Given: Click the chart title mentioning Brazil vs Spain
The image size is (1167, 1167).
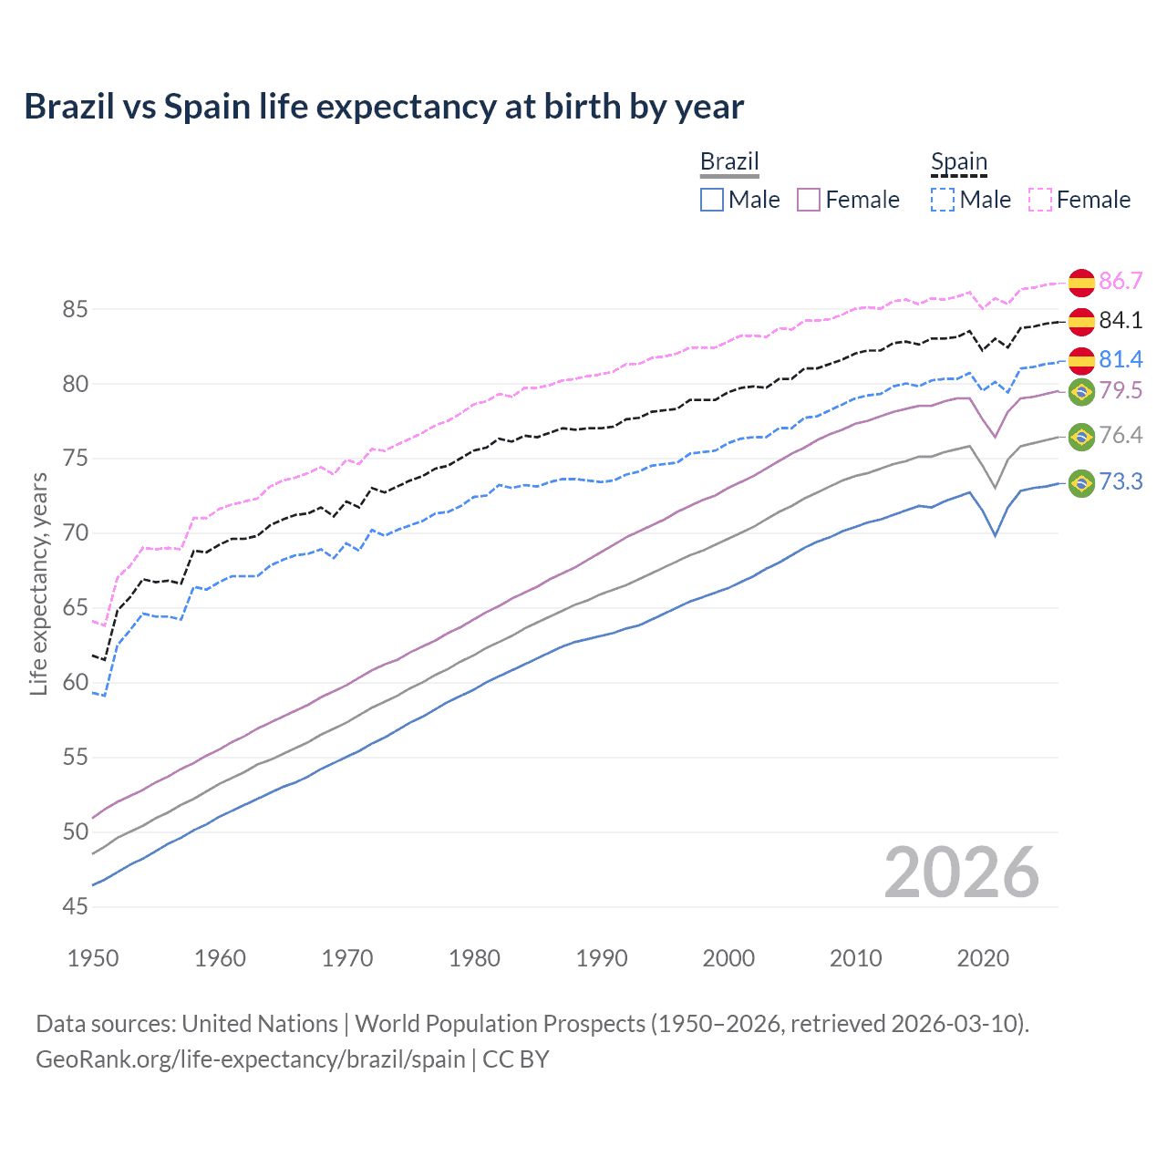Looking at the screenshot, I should tap(384, 107).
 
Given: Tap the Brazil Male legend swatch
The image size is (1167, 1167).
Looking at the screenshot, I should tap(712, 200).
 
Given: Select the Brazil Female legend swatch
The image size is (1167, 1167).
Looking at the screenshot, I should tap(809, 200).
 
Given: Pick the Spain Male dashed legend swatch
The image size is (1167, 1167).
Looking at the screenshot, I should tap(943, 200).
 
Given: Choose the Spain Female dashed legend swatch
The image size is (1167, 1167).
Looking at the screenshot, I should tap(1040, 200).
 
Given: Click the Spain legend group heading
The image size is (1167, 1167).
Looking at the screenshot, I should tap(958, 162).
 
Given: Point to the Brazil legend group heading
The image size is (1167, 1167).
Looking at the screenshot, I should tap(729, 162).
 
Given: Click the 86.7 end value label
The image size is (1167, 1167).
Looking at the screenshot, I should tap(1121, 281).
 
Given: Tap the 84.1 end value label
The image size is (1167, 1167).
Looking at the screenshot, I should tap(1121, 320).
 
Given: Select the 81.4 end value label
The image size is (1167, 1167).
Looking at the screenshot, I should tap(1121, 359).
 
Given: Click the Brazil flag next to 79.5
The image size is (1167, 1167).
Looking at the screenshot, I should tap(1081, 392).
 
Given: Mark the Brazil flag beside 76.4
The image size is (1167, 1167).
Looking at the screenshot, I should tap(1081, 437).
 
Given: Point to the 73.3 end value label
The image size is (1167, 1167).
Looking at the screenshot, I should tap(1121, 481).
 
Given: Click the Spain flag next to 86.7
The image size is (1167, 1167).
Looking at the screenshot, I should tap(1081, 283).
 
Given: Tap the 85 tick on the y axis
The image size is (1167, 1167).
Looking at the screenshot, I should tap(75, 309).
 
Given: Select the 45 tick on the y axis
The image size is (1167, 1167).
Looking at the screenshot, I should tap(75, 906).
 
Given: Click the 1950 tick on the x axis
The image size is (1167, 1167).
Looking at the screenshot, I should tap(93, 958).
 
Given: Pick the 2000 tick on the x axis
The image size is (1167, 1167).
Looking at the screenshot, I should tap(728, 958).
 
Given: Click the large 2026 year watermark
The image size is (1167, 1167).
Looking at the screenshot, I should tap(962, 873).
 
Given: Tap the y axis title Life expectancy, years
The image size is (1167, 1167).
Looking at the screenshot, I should tap(38, 583).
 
